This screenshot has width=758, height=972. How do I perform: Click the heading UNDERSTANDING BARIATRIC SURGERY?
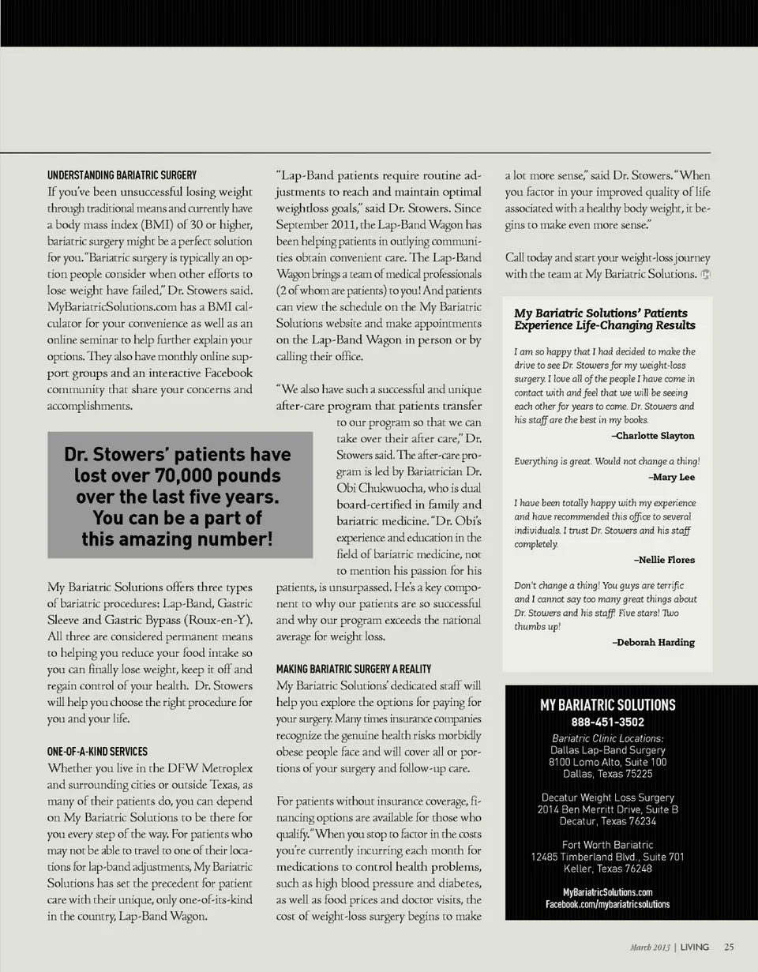[x=122, y=175]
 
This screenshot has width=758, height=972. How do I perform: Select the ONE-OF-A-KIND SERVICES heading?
[x=97, y=751]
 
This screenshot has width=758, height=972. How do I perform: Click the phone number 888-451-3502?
[x=607, y=722]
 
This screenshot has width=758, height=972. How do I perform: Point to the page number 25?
[x=729, y=947]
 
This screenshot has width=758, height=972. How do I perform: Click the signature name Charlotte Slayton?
[x=653, y=436]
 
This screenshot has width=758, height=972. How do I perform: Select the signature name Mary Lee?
[x=671, y=477]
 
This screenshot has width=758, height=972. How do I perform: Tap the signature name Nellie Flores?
[x=664, y=560]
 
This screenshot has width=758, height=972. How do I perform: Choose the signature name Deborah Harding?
[x=654, y=642]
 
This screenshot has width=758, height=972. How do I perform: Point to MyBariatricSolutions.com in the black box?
[x=607, y=892]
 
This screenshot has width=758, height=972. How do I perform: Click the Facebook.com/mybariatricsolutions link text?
[x=607, y=904]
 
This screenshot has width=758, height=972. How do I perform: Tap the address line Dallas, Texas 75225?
[x=607, y=774]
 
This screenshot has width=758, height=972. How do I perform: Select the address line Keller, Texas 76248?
[x=607, y=869]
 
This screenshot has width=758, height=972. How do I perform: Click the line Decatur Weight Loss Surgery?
[x=607, y=797]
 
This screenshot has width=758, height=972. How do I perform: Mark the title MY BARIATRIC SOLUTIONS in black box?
[x=607, y=705]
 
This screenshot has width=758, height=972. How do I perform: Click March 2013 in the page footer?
[x=651, y=947]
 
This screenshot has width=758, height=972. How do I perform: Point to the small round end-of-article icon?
[x=705, y=275]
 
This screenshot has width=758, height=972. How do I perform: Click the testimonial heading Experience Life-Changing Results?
[x=604, y=325]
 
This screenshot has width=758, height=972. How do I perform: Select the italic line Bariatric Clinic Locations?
[x=607, y=738]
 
